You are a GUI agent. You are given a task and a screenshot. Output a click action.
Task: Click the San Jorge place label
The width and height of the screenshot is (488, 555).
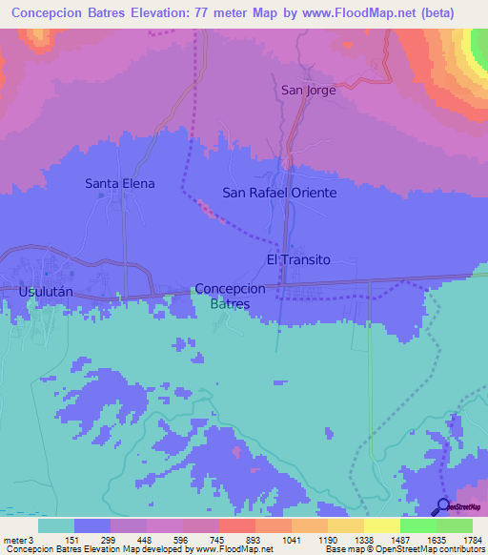tap(308, 91)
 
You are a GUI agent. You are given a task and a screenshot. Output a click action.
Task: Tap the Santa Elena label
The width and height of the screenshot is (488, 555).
tap(119, 183)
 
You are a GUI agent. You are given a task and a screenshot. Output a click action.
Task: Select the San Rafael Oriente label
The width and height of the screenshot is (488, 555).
tap(279, 192)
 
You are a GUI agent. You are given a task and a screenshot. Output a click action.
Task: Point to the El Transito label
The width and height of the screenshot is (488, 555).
tap(297, 259)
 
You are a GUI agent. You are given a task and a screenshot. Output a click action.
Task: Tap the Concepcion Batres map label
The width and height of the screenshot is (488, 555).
tap(230, 296)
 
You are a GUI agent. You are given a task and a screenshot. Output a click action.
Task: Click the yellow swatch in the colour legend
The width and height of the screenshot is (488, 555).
tap(381, 525)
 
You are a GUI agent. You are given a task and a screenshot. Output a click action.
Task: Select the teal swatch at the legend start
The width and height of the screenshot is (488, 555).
tap(56, 525)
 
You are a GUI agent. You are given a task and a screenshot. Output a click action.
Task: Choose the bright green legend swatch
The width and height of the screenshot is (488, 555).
tap(417, 525)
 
